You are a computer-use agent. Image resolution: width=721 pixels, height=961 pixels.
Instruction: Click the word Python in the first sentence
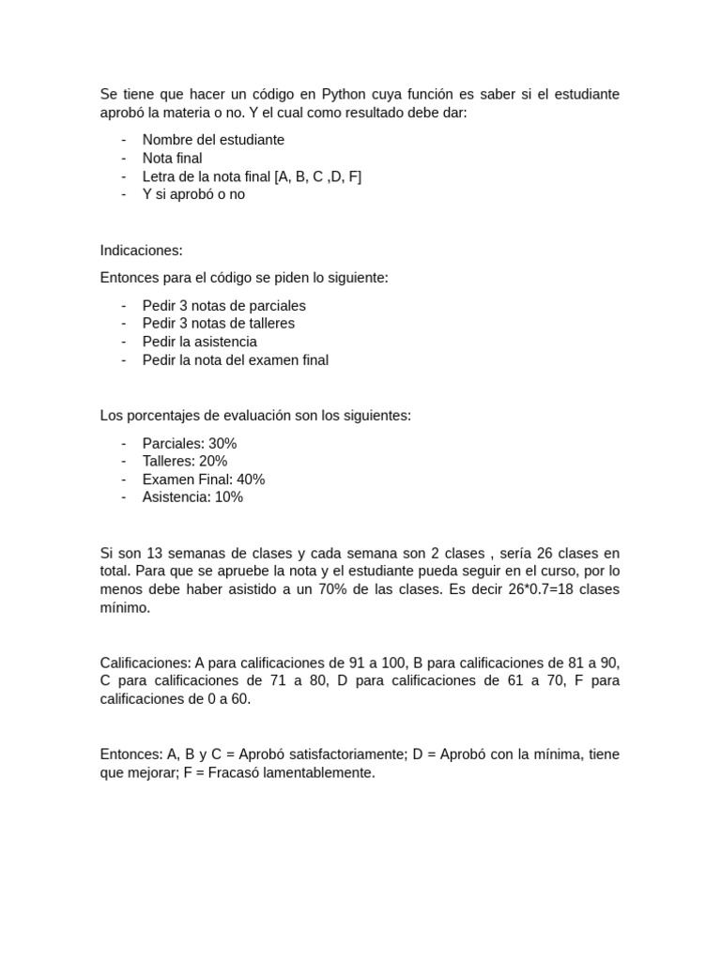[345, 95]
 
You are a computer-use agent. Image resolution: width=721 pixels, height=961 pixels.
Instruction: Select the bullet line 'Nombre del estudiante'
[213, 140]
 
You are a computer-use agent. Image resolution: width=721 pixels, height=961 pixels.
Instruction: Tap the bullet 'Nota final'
[172, 159]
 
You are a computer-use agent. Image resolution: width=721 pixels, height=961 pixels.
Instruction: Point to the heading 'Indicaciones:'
[141, 251]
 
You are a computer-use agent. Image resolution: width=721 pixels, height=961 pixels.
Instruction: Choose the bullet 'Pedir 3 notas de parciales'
[223, 306]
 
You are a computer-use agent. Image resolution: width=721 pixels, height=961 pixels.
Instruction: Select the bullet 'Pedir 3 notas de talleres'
[218, 324]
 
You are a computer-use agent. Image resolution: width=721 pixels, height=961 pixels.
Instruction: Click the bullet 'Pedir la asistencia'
[199, 342]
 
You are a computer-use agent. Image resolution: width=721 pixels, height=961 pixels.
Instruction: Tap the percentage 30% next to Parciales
[222, 443]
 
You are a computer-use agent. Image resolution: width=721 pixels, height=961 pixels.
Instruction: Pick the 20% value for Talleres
[213, 461]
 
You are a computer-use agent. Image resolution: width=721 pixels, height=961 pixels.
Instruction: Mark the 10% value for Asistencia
[229, 497]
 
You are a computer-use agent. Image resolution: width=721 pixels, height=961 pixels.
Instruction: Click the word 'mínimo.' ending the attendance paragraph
[125, 608]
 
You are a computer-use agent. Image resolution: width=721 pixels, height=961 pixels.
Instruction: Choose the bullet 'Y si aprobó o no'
[193, 194]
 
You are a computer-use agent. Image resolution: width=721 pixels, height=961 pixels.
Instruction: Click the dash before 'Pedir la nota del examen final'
[124, 360]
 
